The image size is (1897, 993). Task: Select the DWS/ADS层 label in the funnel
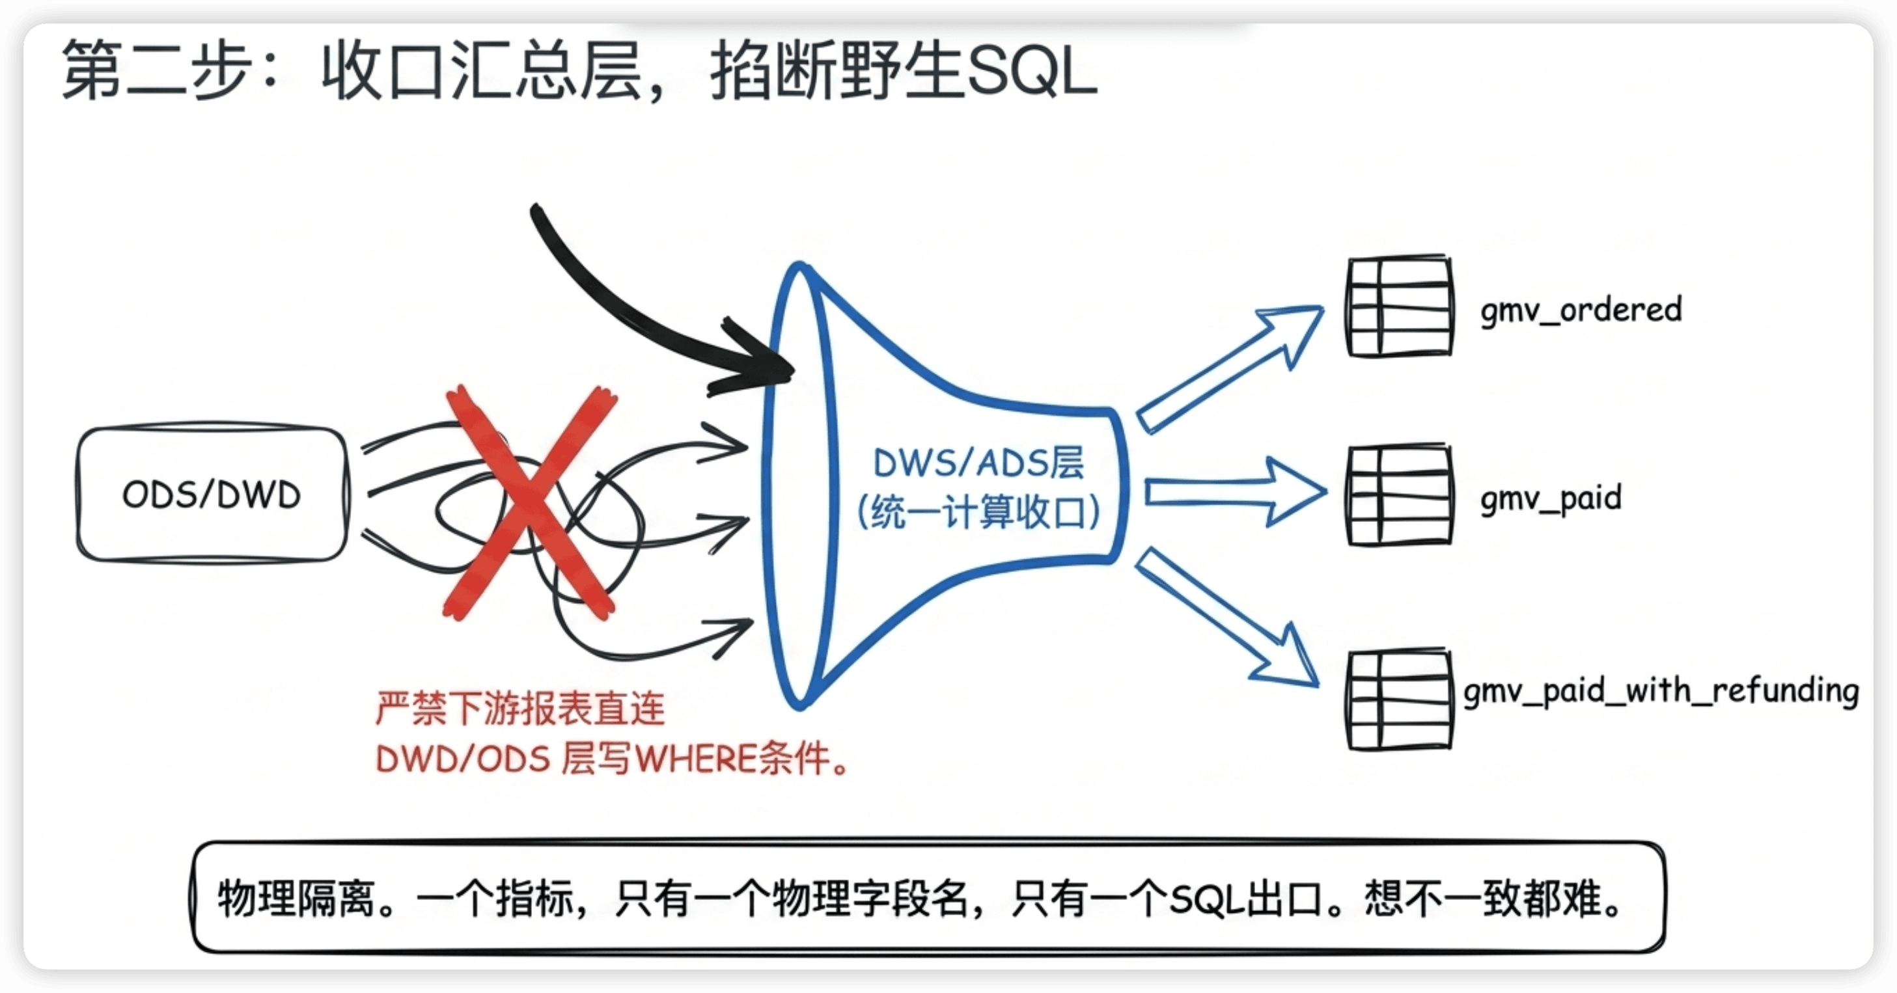(x=978, y=464)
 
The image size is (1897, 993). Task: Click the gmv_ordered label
(x=1581, y=310)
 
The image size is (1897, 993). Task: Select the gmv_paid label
(x=1551, y=498)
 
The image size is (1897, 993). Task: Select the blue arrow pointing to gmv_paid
(x=1236, y=492)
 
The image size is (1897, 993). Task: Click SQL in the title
(x=1032, y=72)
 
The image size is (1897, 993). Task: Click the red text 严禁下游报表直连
(x=520, y=709)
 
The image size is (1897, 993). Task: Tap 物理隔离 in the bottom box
(x=296, y=898)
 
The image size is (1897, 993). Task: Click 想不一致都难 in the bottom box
(x=1484, y=898)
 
